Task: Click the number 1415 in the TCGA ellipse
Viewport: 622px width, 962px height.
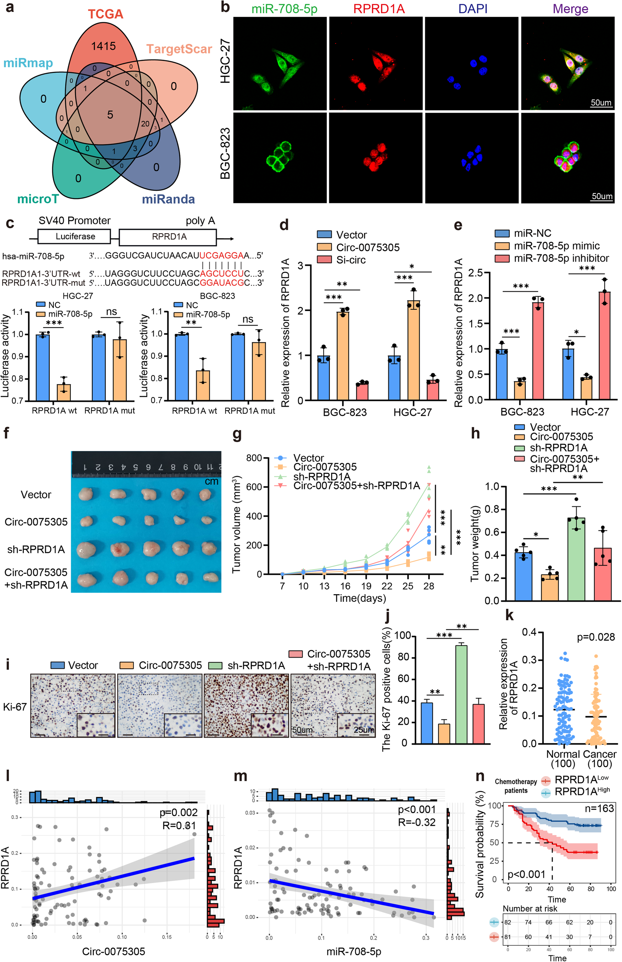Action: (x=104, y=46)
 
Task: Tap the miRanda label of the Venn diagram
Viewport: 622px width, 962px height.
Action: (x=168, y=199)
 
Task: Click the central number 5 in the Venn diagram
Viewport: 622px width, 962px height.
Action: (x=110, y=115)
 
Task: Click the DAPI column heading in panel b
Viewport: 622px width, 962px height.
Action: (x=473, y=8)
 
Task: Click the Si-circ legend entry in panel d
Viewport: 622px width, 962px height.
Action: (x=350, y=260)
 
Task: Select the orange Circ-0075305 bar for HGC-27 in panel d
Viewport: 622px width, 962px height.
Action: (x=413, y=349)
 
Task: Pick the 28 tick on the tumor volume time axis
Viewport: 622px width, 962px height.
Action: (x=428, y=586)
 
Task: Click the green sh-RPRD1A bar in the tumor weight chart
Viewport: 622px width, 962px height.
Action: (x=576, y=559)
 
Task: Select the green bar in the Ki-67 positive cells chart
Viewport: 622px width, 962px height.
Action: (x=461, y=693)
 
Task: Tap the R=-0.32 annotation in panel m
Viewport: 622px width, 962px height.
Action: (x=416, y=822)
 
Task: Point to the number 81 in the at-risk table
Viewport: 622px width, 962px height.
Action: (x=507, y=937)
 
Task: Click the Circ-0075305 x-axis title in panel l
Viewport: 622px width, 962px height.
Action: (x=114, y=952)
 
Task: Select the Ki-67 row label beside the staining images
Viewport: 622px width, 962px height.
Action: (x=15, y=707)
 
